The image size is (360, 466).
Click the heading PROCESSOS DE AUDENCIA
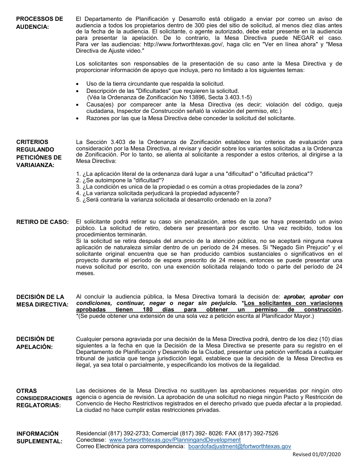pyautogui.click(x=39, y=23)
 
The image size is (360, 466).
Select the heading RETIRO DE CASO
pyautogui.click(x=42, y=222)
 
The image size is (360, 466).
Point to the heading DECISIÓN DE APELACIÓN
pyautogui.click(x=35, y=343)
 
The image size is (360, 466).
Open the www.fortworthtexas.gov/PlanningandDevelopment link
pyautogui.click(x=175, y=440)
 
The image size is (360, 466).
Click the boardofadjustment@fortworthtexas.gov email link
pyautogui.click(x=239, y=446)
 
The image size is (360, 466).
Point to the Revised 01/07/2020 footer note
pyautogui.click(x=317, y=455)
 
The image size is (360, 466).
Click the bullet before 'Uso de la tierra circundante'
pyautogui.click(x=78, y=84)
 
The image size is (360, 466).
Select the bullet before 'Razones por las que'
pyautogui.click(x=78, y=119)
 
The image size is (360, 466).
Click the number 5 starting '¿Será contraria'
pyautogui.click(x=78, y=200)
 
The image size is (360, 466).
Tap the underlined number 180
pyautogui.click(x=148, y=310)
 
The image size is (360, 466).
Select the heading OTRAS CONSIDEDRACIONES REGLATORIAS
pyautogui.click(x=44, y=398)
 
